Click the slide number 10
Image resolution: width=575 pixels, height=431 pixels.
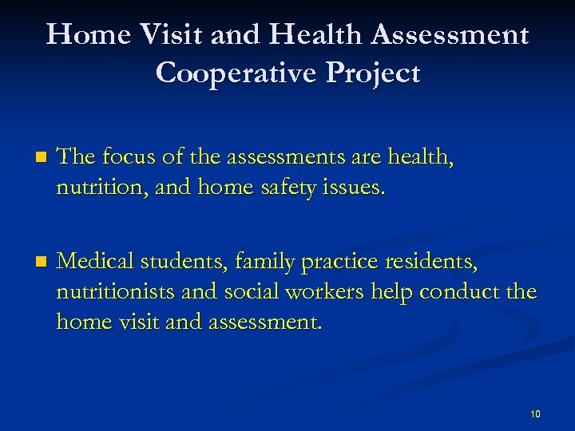click(535, 413)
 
